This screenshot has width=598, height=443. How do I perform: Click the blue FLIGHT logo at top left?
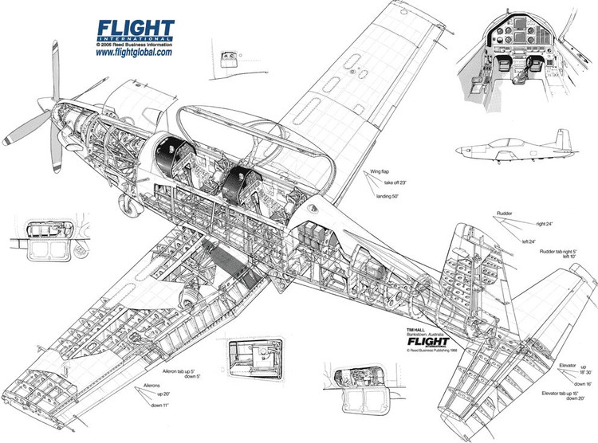(x=135, y=29)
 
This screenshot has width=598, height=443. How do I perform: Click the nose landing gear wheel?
(x=128, y=206)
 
